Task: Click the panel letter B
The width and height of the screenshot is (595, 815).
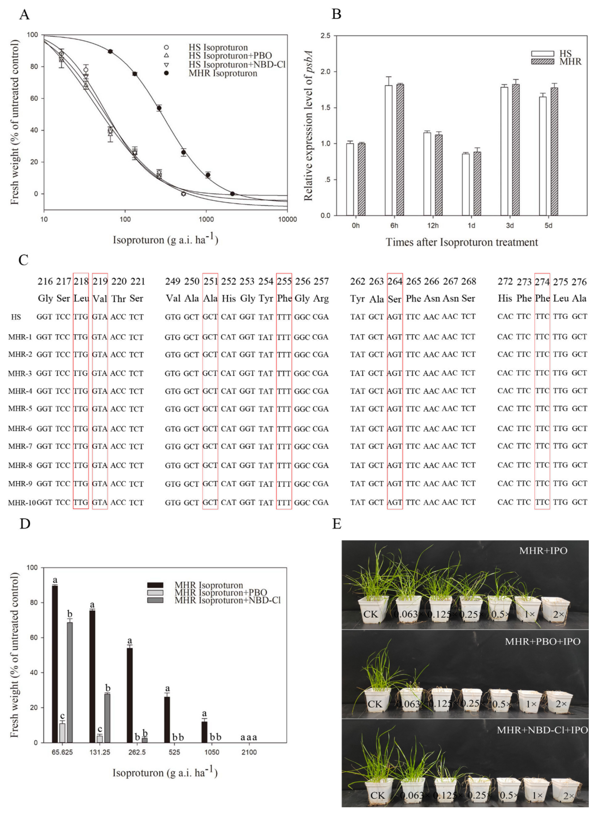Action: coord(336,14)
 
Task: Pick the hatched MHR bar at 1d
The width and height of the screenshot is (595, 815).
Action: coord(477,184)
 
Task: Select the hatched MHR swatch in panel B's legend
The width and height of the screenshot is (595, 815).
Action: coord(542,62)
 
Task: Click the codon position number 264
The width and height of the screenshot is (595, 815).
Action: coord(395,281)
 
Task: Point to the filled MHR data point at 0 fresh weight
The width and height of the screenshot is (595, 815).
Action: coord(232,194)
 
